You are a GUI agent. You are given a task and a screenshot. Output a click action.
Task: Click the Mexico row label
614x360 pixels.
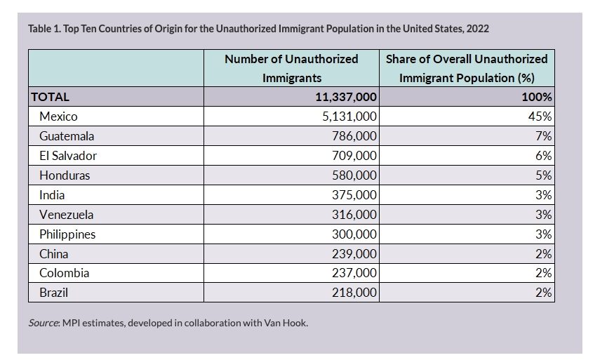click(58, 116)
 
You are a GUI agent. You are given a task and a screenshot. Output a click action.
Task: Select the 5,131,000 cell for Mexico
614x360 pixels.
click(349, 116)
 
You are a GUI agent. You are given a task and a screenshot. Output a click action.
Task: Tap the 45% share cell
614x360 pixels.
click(540, 116)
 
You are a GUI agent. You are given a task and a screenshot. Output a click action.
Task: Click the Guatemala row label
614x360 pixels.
click(67, 136)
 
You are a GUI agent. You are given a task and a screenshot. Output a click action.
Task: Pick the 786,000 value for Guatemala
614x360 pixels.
click(354, 136)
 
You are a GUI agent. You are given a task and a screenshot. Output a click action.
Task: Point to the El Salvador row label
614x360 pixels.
click(68, 156)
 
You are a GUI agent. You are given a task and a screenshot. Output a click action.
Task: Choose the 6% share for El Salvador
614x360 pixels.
click(544, 156)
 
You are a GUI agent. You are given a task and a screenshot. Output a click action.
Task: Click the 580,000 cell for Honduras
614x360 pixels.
click(354, 175)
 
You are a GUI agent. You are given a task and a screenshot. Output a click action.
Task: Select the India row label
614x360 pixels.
click(52, 194)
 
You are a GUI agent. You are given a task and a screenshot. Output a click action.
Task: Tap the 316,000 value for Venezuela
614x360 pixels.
click(354, 214)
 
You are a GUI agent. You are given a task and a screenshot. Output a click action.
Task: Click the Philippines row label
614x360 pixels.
click(67, 234)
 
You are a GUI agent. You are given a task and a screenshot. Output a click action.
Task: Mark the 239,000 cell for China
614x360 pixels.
click(354, 254)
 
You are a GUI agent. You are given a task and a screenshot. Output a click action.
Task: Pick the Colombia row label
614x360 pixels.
click(65, 273)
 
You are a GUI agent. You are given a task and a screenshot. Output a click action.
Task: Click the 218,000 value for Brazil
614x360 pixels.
click(354, 292)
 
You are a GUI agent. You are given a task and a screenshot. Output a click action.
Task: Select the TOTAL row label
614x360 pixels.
click(50, 97)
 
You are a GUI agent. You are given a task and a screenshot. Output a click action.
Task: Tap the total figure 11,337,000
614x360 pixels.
click(346, 97)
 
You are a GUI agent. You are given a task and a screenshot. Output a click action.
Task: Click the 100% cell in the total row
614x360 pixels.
click(537, 97)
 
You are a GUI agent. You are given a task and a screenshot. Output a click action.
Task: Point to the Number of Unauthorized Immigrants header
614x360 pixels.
click(291, 68)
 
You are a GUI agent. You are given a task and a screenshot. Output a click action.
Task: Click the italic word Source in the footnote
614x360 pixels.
click(43, 323)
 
